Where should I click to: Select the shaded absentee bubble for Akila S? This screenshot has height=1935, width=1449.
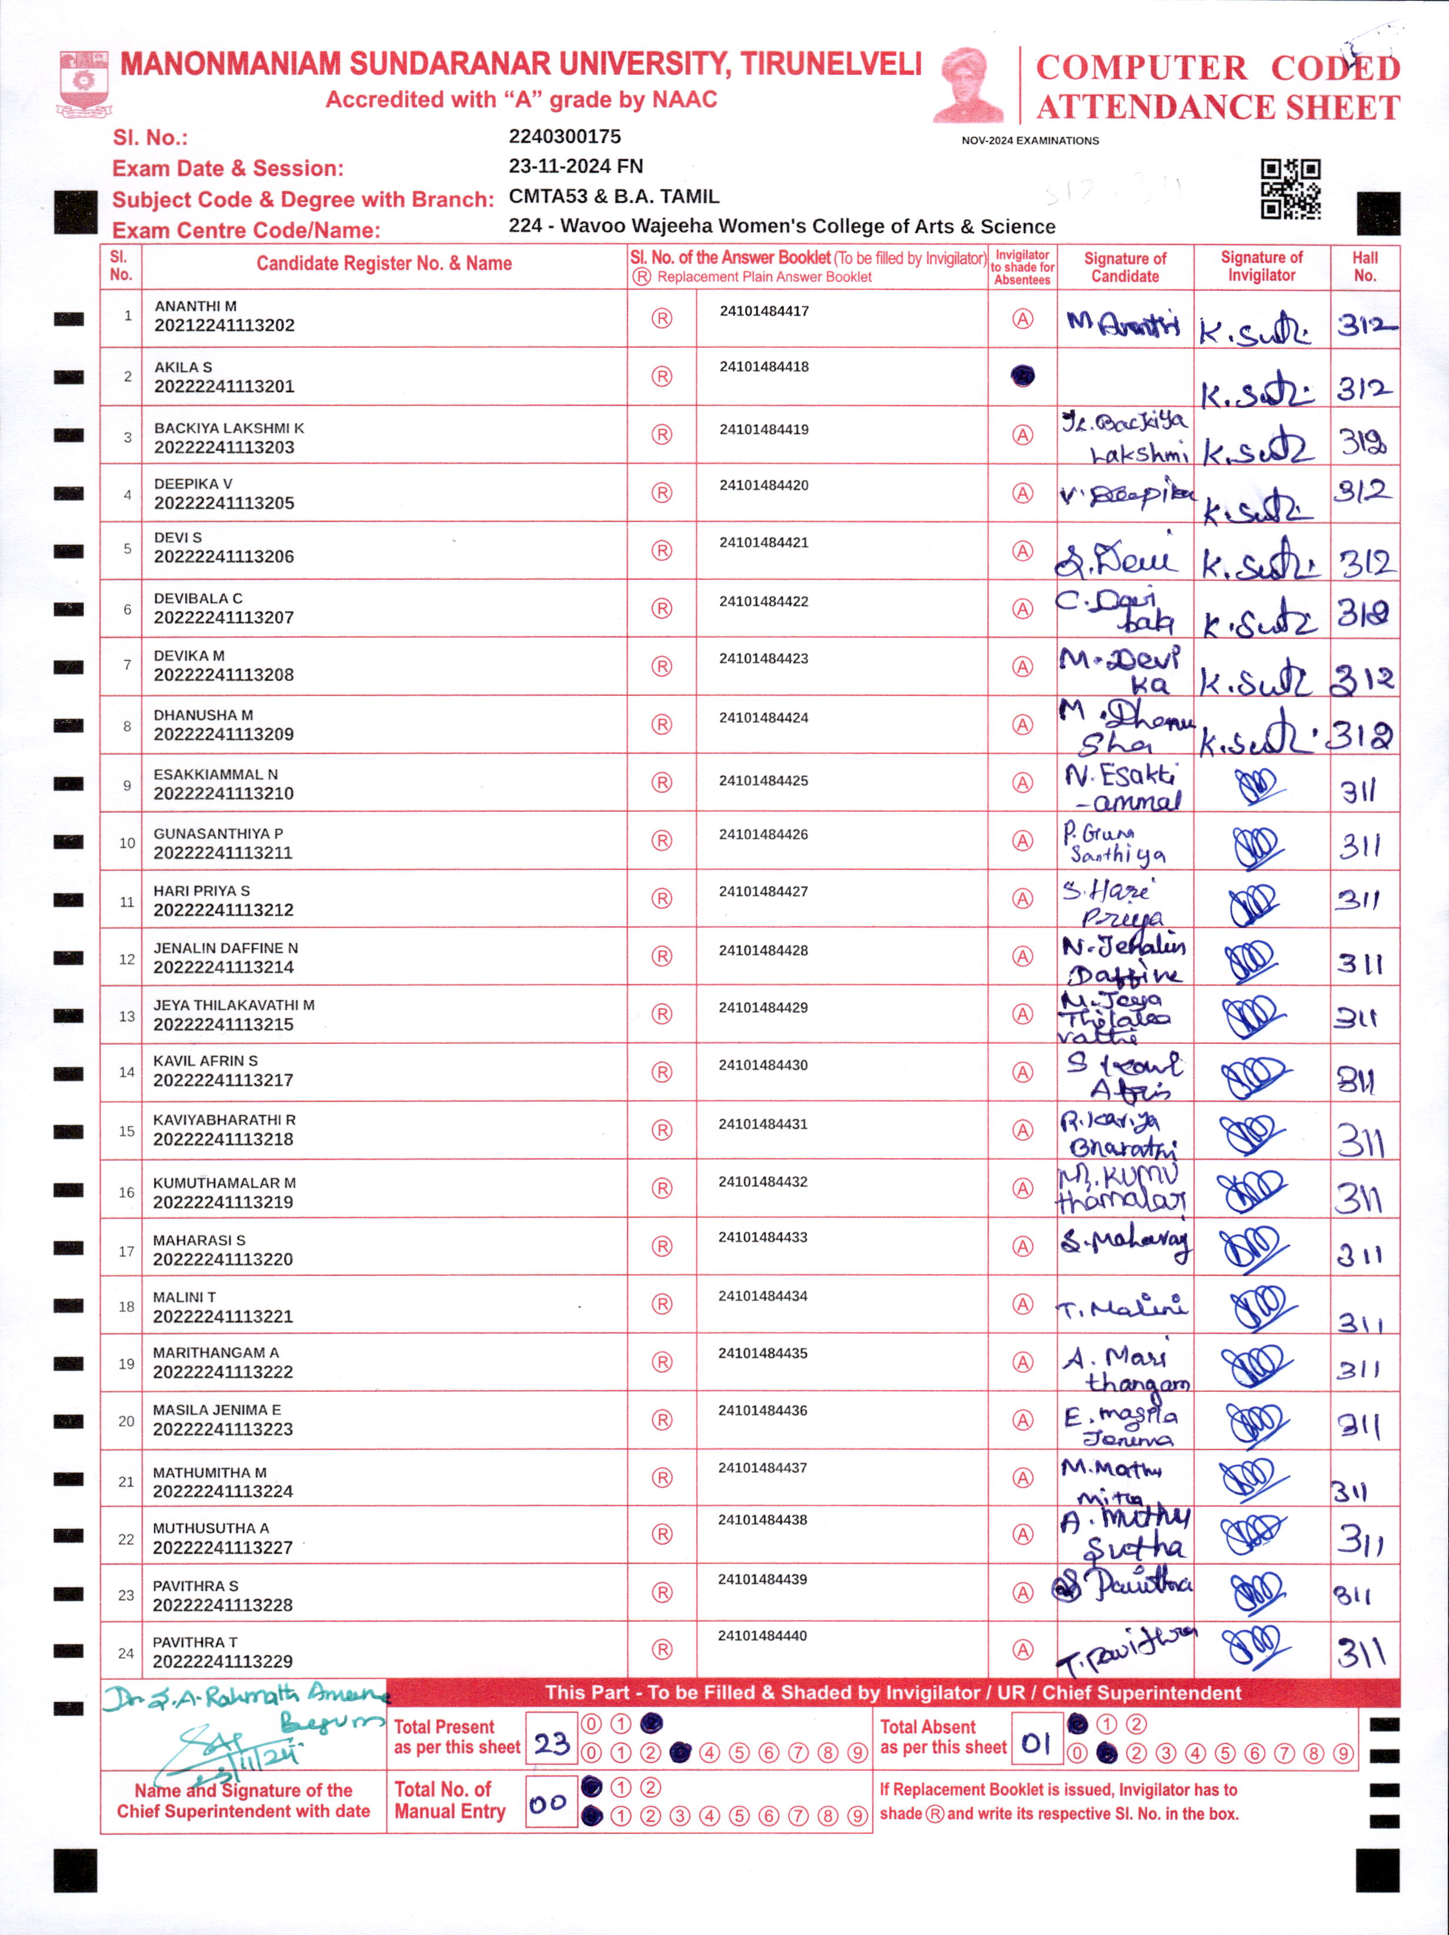point(1022,376)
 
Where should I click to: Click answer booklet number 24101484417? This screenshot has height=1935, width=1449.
point(764,312)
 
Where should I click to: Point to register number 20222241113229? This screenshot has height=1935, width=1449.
point(222,1661)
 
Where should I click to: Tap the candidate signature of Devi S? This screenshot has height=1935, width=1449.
point(1117,557)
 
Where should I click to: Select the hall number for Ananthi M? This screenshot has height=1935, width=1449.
point(1364,326)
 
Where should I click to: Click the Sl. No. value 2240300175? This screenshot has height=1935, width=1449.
point(565,136)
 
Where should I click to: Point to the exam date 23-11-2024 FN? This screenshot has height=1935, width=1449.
point(576,166)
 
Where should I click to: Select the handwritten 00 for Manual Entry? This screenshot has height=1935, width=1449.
point(549,1803)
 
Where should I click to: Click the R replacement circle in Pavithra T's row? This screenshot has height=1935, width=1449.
point(662,1650)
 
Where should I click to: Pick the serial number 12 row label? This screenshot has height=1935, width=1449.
point(127,959)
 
